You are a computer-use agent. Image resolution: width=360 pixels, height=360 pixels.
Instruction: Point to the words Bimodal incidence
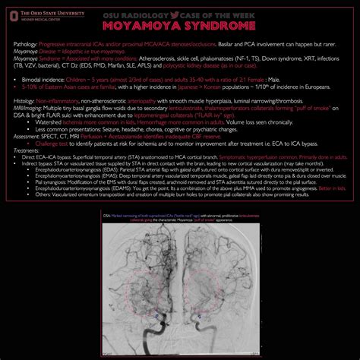45,79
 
